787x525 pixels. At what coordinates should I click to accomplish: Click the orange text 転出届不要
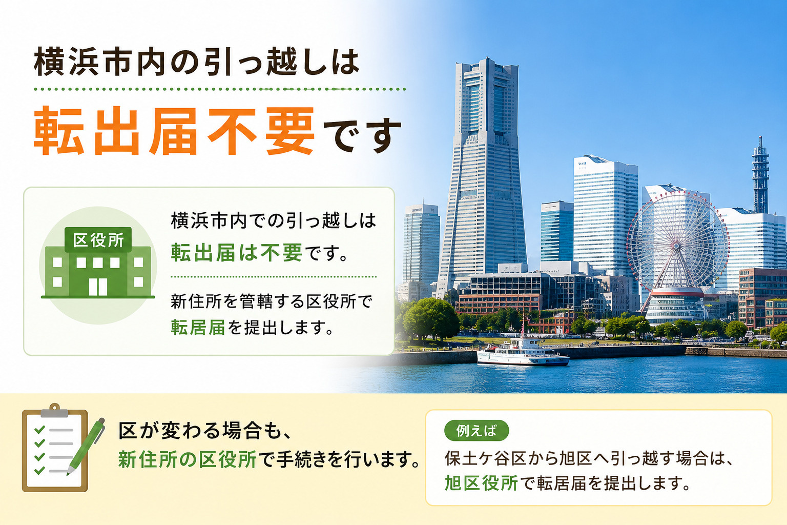click(174, 131)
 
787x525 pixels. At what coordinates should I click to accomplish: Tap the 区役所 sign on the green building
click(98, 240)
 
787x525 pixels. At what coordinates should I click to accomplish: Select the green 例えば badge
click(477, 431)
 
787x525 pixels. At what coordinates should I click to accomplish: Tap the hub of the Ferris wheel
click(676, 246)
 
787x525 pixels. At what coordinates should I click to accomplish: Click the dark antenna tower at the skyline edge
click(760, 176)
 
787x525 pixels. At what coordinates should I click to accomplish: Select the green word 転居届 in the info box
click(198, 328)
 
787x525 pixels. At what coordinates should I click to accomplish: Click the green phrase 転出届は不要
click(236, 252)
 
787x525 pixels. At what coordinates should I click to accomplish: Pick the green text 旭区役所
click(481, 483)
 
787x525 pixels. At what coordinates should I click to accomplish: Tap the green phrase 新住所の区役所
click(187, 459)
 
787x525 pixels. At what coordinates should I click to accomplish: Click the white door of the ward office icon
click(98, 287)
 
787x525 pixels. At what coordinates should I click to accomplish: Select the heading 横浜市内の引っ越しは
click(196, 62)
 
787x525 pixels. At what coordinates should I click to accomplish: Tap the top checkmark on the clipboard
click(39, 429)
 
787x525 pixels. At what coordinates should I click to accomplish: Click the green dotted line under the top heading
click(220, 89)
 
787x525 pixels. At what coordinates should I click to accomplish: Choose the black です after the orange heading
click(362, 135)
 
